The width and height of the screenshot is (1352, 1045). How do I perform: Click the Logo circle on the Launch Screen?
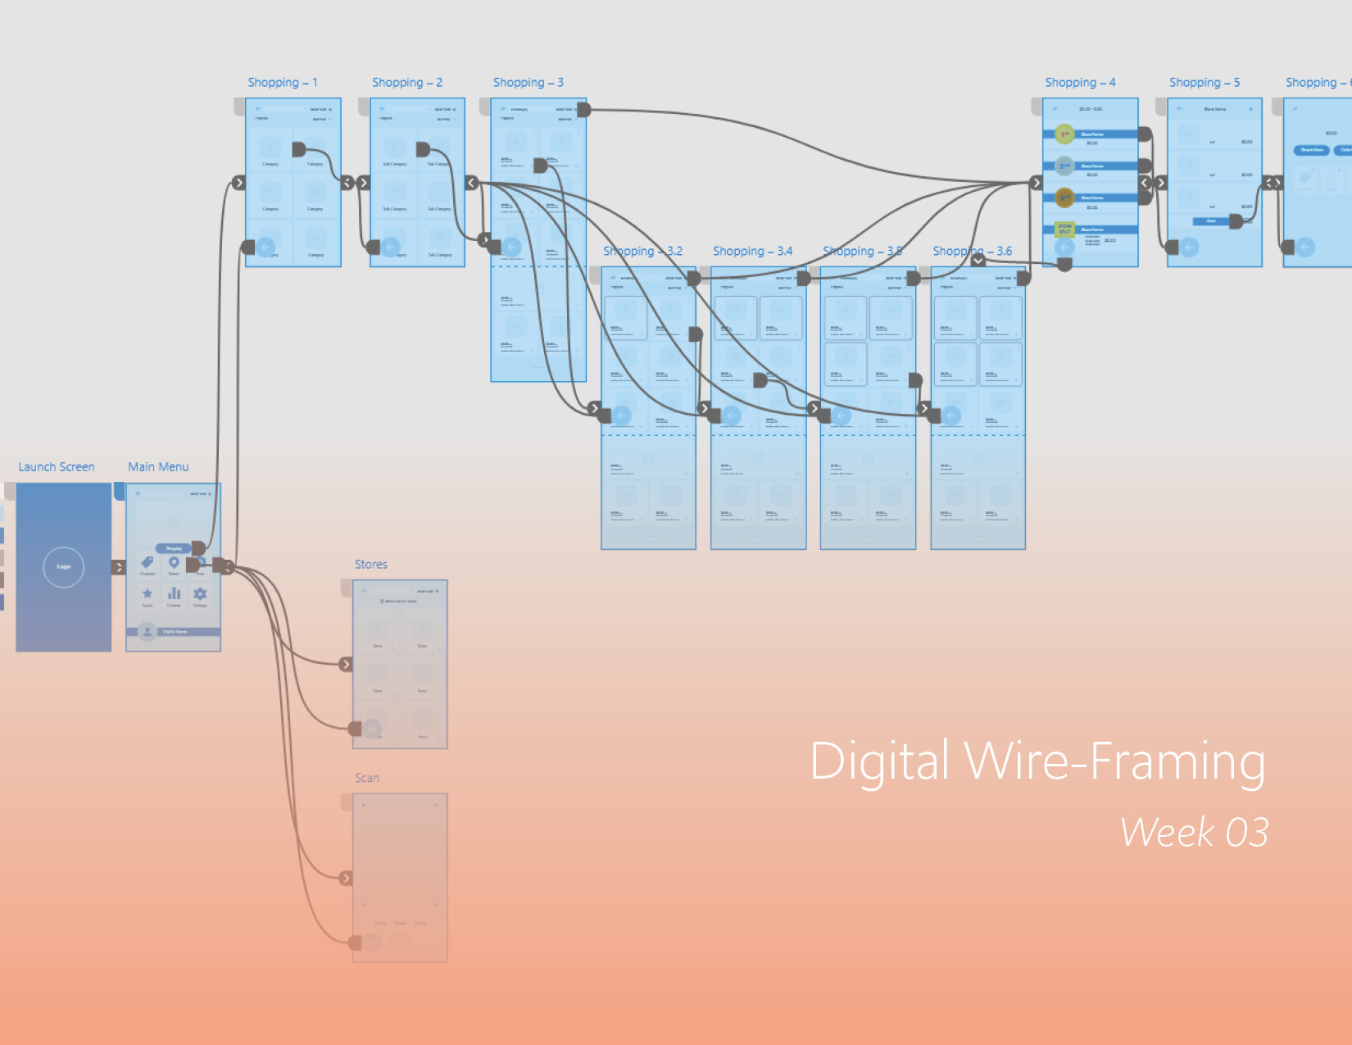(x=64, y=566)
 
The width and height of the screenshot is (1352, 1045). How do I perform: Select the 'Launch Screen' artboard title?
(x=57, y=467)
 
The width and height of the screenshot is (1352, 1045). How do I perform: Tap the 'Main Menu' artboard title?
(x=158, y=467)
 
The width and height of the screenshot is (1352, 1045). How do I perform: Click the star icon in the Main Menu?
(x=147, y=593)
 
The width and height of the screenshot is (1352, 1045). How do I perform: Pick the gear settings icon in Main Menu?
(x=200, y=593)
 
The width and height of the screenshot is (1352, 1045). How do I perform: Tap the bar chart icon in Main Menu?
(x=174, y=593)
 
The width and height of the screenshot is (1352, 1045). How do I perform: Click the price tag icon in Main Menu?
(x=147, y=562)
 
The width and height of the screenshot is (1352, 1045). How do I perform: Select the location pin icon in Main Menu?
(x=174, y=562)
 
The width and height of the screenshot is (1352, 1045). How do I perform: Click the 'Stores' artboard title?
(x=371, y=565)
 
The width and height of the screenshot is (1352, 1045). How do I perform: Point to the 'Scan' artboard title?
(x=367, y=778)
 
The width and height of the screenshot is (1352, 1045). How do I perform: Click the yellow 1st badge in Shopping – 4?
(x=1064, y=134)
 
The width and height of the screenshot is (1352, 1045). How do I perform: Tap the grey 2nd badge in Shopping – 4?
(x=1064, y=166)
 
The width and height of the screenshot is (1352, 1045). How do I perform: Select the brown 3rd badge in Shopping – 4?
(x=1064, y=198)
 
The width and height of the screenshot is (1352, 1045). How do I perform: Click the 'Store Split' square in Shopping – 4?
(x=1064, y=229)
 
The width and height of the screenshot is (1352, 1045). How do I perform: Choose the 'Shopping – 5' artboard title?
(x=1204, y=83)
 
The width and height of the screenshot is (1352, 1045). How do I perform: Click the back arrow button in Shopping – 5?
(x=1189, y=247)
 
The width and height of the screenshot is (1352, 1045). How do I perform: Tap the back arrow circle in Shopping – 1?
(x=265, y=247)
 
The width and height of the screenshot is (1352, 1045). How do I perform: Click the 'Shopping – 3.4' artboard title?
(x=752, y=252)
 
